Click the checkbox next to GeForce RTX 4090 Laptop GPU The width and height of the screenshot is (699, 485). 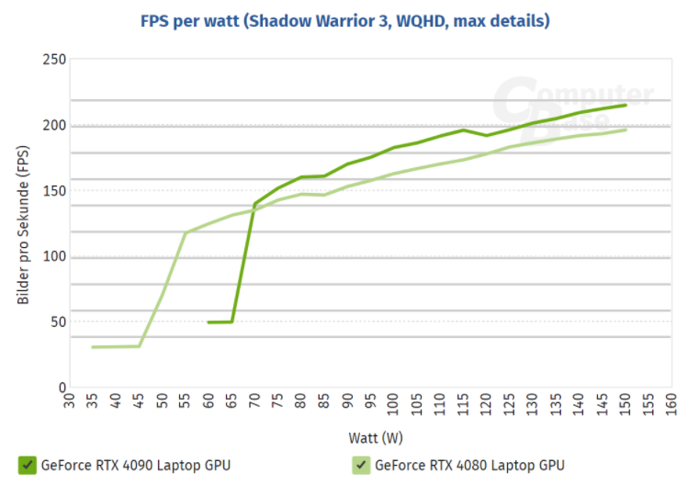point(27,465)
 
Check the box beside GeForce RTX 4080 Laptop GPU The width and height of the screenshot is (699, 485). point(360,465)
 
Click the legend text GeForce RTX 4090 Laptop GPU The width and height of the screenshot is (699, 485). point(135,465)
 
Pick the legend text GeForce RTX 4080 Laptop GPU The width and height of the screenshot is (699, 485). point(469,465)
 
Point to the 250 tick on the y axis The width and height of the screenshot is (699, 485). point(54,60)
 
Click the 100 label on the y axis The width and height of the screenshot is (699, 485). point(54,256)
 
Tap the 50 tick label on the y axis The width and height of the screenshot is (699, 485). point(57,321)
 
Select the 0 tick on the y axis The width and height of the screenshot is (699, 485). point(62,388)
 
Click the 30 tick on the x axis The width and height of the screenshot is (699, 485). point(70,402)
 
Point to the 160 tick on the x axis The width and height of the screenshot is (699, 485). point(672,402)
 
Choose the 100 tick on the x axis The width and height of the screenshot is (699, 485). point(394,402)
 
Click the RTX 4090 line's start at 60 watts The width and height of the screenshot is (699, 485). point(209,322)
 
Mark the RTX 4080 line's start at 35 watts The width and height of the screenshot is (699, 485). point(93,347)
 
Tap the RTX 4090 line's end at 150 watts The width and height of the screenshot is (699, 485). point(626,105)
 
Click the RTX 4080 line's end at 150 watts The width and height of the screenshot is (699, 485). point(626,130)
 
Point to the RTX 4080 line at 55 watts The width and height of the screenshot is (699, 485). point(186,233)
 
